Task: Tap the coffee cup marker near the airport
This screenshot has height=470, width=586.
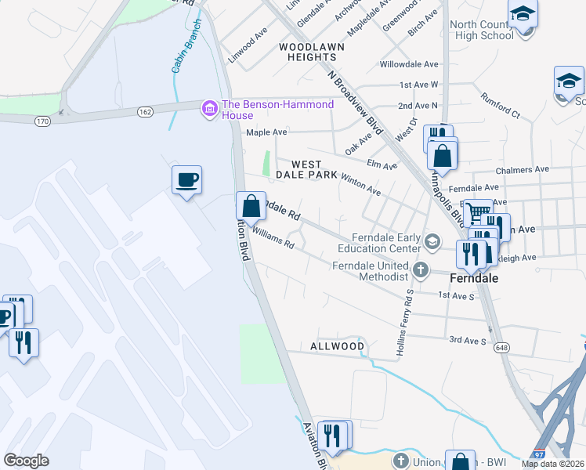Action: pyautogui.click(x=186, y=180)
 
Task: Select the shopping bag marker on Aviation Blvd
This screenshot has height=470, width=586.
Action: pyautogui.click(x=251, y=207)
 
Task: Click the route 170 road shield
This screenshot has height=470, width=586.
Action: pyautogui.click(x=42, y=121)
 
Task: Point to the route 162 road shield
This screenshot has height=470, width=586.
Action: pyautogui.click(x=146, y=112)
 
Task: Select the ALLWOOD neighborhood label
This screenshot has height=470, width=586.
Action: pyautogui.click(x=337, y=346)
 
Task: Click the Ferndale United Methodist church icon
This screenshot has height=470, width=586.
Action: pyautogui.click(x=421, y=270)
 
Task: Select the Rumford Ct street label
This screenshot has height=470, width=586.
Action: pyautogui.click(x=501, y=110)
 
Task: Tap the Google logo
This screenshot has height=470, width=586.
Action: pyautogui.click(x=26, y=461)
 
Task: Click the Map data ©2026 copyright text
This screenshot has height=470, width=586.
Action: pyautogui.click(x=552, y=464)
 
